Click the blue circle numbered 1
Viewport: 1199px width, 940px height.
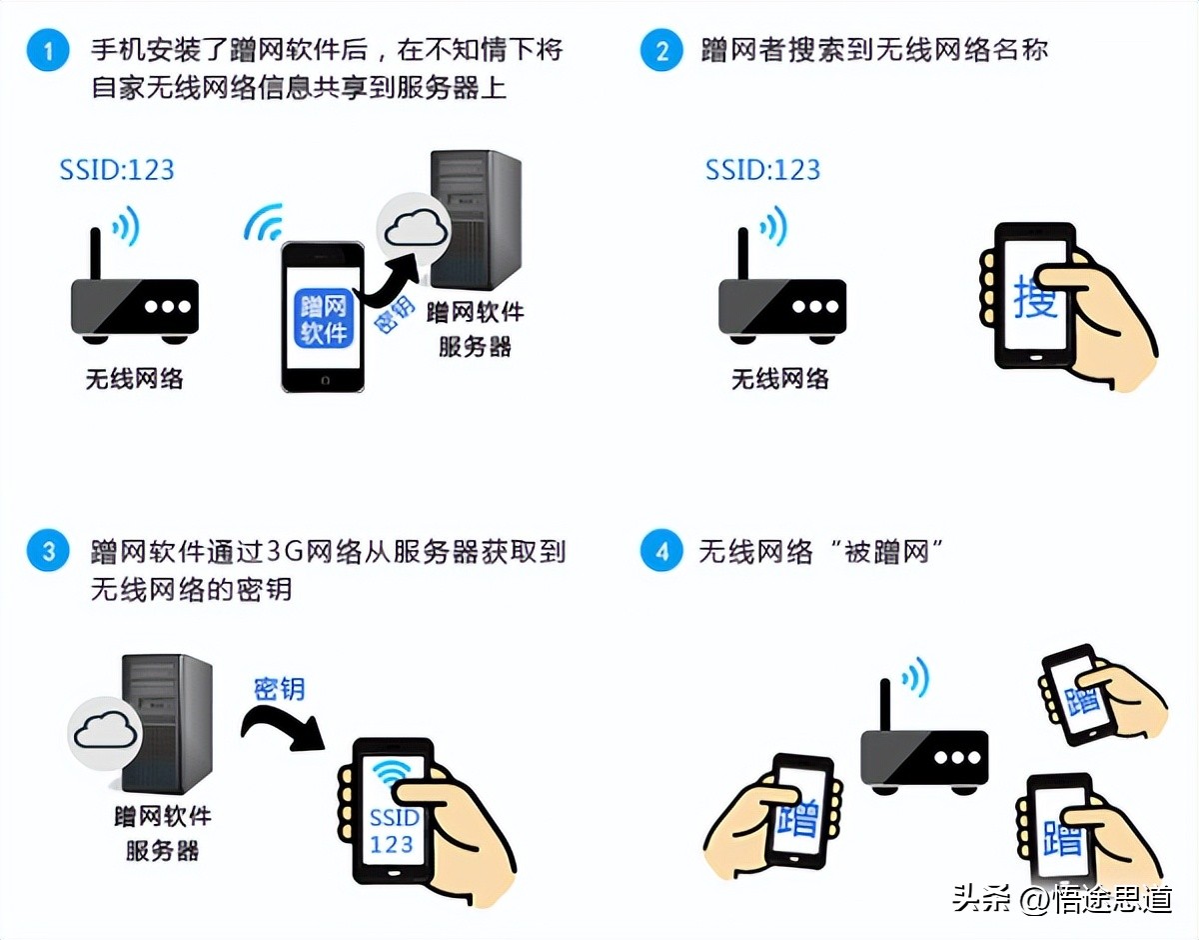point(48,51)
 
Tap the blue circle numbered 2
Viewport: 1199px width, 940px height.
point(660,51)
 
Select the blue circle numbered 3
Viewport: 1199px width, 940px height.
point(48,551)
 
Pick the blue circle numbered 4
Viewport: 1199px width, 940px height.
point(660,551)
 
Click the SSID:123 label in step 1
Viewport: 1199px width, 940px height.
point(117,169)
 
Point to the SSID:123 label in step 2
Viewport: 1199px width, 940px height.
point(762,169)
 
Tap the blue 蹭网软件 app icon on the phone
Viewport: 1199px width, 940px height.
point(323,318)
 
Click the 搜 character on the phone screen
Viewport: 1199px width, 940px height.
point(1034,297)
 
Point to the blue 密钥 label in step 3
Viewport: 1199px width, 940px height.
point(279,689)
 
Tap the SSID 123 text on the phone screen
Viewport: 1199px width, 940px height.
point(394,830)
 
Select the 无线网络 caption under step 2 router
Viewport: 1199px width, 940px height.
point(780,378)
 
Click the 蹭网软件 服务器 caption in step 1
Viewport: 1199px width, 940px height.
point(475,329)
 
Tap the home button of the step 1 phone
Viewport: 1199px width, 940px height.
point(323,380)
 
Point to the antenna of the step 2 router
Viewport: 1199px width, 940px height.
point(742,254)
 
